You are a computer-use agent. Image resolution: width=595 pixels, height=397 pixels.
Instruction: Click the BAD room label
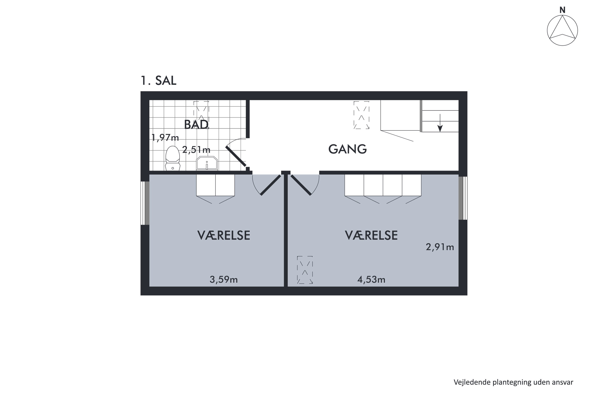tap(196, 125)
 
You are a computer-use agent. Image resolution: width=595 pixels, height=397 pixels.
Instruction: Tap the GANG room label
tap(347, 149)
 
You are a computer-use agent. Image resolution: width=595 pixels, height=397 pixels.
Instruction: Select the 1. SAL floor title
tap(158, 81)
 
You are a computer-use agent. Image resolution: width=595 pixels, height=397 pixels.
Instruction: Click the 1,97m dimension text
tap(165, 138)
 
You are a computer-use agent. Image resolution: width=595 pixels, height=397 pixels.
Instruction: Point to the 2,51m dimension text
tap(196, 150)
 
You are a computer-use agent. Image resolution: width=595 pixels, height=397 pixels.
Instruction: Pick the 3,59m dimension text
tap(224, 279)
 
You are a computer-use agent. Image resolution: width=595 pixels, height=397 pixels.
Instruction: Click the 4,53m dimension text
tap(371, 279)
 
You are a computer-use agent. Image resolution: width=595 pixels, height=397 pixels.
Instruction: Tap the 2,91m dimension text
tap(440, 247)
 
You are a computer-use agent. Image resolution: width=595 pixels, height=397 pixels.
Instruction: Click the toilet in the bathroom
tap(173, 158)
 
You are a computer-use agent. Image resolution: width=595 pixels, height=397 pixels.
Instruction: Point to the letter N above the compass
tap(562, 10)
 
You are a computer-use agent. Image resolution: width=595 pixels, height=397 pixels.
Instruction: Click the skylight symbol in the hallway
tap(361, 115)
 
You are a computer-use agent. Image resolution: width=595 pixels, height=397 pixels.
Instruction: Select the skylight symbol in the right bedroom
tap(305, 270)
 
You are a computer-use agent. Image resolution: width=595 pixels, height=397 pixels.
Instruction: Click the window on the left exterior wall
tap(145, 203)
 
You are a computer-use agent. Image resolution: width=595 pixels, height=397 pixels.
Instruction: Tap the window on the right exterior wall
tap(463, 198)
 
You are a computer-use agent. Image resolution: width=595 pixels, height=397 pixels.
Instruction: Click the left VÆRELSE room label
tap(224, 235)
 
